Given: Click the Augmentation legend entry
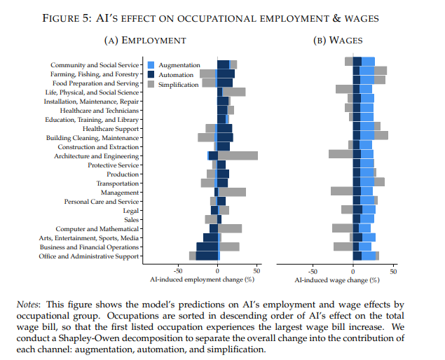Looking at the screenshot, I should click(179, 65).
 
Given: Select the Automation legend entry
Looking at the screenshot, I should click(177, 74).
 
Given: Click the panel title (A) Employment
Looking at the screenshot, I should click(144, 42).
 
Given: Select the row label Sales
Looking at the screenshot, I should click(131, 220).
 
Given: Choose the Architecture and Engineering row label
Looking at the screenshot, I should click(97, 155).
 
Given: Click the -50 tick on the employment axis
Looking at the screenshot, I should click(177, 270).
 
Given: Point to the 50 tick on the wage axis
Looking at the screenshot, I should click(393, 270).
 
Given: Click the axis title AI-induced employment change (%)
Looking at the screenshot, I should click(201, 279).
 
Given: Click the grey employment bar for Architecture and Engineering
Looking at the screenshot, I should click(238, 155).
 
